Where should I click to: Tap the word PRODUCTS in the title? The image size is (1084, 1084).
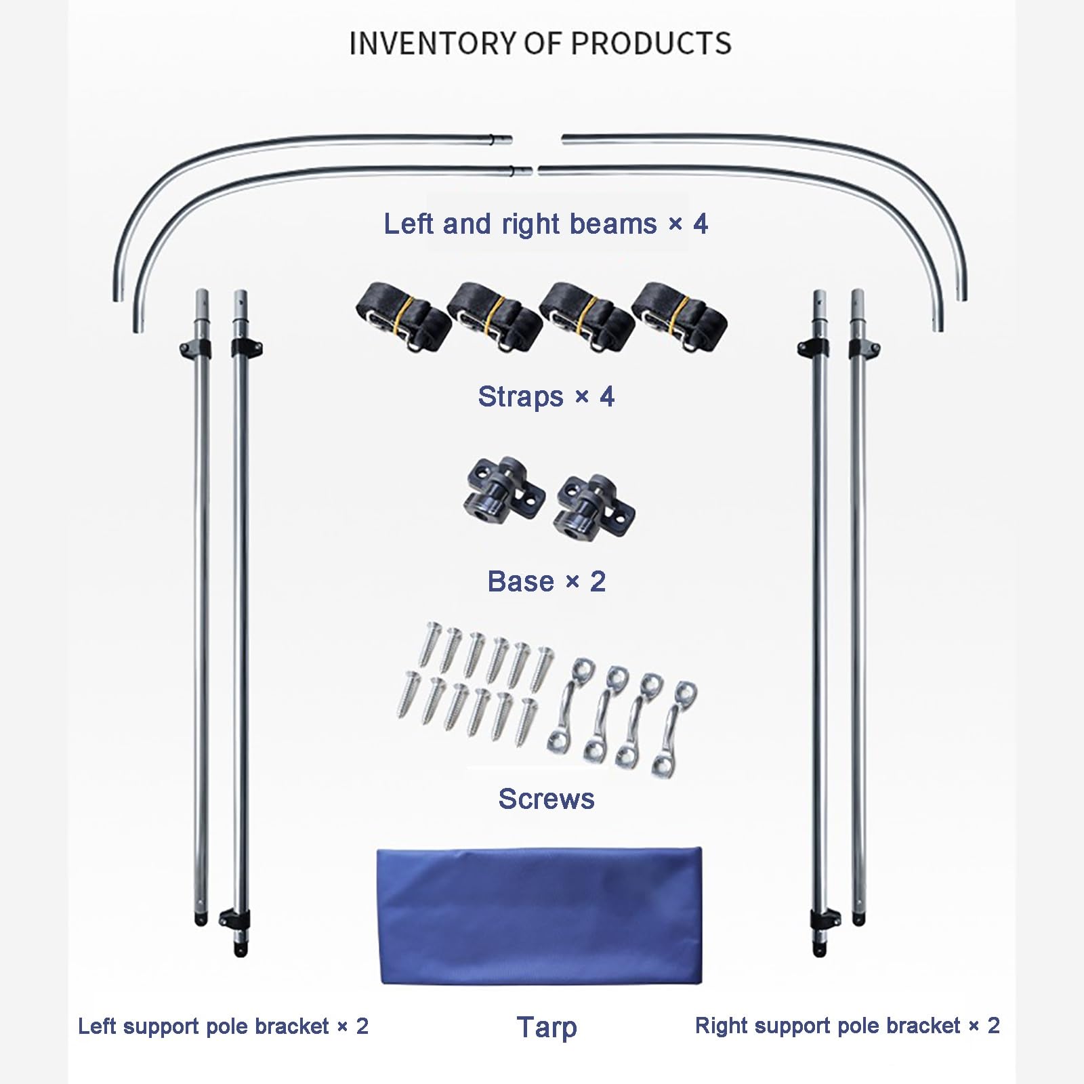coord(652,43)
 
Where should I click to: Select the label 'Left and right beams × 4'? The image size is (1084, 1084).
coord(546,224)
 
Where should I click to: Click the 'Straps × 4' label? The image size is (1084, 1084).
coord(546,396)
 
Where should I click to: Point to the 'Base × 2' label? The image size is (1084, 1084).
coord(546,581)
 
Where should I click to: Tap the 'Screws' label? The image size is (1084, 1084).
coord(546,799)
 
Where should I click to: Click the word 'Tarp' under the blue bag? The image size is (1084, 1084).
coord(546,1027)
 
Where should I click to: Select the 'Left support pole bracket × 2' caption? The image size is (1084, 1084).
coord(224,1026)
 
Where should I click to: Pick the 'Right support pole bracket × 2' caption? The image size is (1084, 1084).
coord(848,1026)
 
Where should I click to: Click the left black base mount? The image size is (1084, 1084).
coord(502,487)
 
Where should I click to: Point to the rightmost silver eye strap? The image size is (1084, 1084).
coord(674,728)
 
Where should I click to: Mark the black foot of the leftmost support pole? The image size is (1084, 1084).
coord(201,919)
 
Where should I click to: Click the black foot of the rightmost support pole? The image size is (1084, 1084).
coord(858,919)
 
